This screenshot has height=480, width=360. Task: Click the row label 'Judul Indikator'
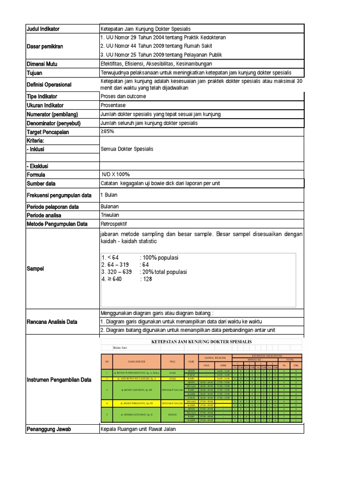coord(43,29)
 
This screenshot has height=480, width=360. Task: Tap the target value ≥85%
coord(107,132)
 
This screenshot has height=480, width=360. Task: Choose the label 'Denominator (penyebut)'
coord(52,123)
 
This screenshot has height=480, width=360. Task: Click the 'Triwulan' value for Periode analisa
coord(110,215)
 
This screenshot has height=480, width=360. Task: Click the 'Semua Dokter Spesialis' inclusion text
coord(127,149)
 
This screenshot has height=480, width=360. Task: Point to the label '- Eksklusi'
coord(37,166)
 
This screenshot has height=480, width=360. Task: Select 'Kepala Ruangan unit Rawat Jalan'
coord(138,429)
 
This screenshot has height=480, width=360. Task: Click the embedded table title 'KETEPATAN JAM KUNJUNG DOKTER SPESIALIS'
coord(202,342)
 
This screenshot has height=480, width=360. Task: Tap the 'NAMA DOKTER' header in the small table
coord(137,362)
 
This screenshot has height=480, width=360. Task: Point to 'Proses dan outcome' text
coord(123,97)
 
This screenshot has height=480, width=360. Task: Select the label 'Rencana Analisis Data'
coord(52,322)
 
